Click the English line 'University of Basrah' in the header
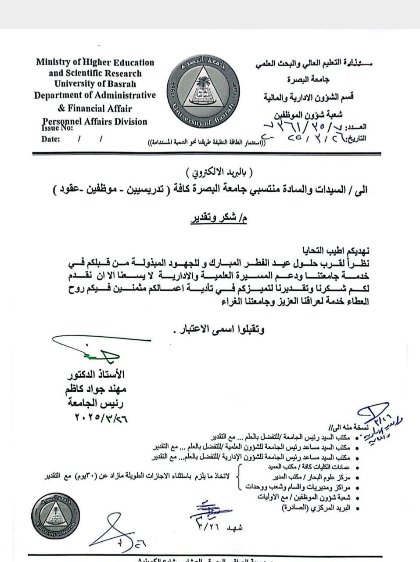point(95,84)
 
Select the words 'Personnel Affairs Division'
point(95,121)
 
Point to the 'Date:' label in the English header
point(51,139)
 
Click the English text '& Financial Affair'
point(95,108)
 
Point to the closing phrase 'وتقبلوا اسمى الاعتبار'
point(219,329)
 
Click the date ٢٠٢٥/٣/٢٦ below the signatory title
point(98,418)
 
